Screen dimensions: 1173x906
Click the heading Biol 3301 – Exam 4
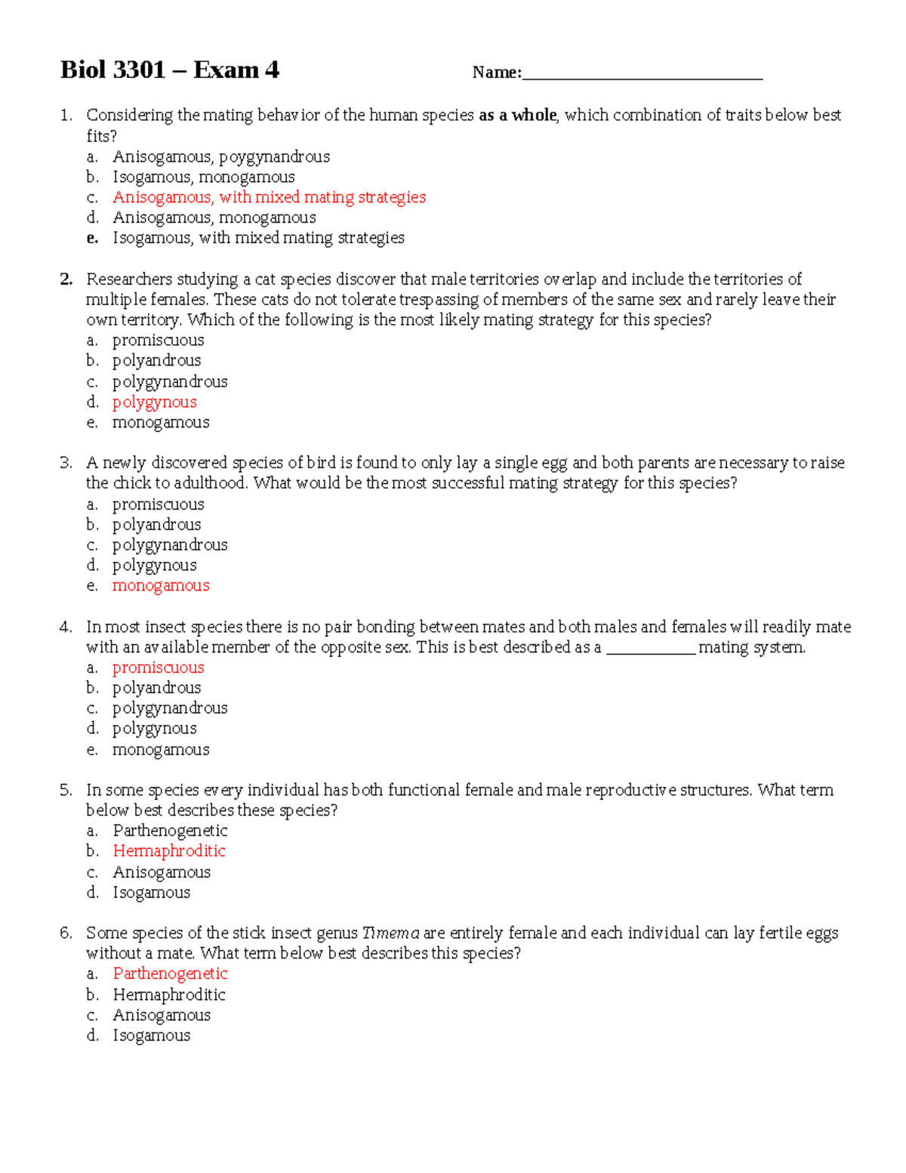point(170,70)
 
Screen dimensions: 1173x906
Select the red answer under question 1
point(269,197)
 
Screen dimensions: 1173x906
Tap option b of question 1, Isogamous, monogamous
point(203,177)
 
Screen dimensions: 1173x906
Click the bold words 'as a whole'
point(518,116)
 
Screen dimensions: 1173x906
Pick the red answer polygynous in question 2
point(154,402)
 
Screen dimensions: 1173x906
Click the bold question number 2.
point(66,279)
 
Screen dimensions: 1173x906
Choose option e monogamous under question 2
point(160,422)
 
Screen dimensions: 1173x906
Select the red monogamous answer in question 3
point(160,585)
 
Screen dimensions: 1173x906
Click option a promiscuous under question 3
point(158,504)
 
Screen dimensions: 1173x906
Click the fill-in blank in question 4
point(650,648)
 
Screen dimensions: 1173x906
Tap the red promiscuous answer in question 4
point(158,668)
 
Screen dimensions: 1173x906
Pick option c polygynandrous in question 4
point(169,708)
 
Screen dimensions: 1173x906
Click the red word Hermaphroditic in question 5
point(169,850)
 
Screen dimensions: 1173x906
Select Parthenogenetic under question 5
point(170,831)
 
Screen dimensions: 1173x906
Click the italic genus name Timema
point(390,933)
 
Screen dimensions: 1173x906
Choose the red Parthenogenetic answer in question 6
point(170,974)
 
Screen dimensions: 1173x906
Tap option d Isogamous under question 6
point(151,1036)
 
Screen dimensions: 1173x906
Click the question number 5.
point(66,790)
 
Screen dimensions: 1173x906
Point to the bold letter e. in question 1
point(92,238)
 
